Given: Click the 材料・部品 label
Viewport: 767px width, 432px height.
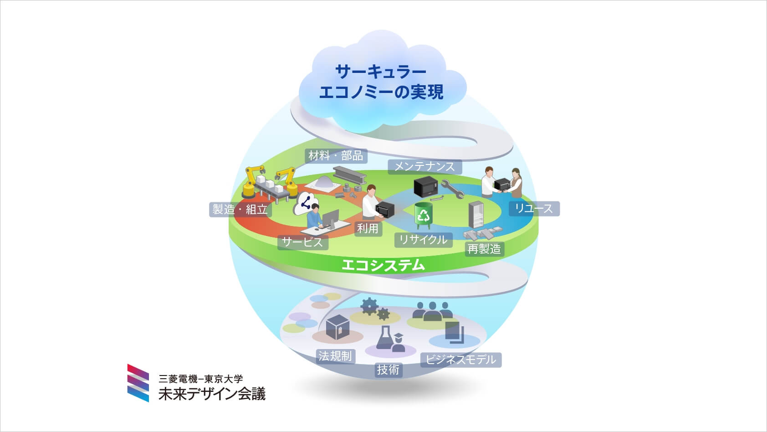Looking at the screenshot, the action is (336, 156).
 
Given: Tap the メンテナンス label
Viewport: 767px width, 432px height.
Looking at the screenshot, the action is (424, 167).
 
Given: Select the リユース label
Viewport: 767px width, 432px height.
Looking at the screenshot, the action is (534, 209).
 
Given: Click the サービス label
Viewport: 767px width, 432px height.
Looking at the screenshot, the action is (303, 242).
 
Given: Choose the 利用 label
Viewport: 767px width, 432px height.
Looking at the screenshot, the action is (368, 228).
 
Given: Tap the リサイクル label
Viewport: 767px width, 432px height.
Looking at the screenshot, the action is (424, 240).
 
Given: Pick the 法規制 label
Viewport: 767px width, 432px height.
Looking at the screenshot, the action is (336, 356).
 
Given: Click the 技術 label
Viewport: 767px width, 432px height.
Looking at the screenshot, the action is (389, 370).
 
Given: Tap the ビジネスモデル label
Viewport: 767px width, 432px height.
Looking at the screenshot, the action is (461, 360).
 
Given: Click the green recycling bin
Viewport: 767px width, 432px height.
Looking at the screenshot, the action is (424, 215).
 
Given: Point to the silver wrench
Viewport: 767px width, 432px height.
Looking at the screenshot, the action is (452, 188).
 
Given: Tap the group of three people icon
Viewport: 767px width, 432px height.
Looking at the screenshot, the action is (433, 311).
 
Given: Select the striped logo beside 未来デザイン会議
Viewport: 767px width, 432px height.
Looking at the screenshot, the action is (138, 383).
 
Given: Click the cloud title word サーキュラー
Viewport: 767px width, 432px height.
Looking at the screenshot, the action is (381, 72).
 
